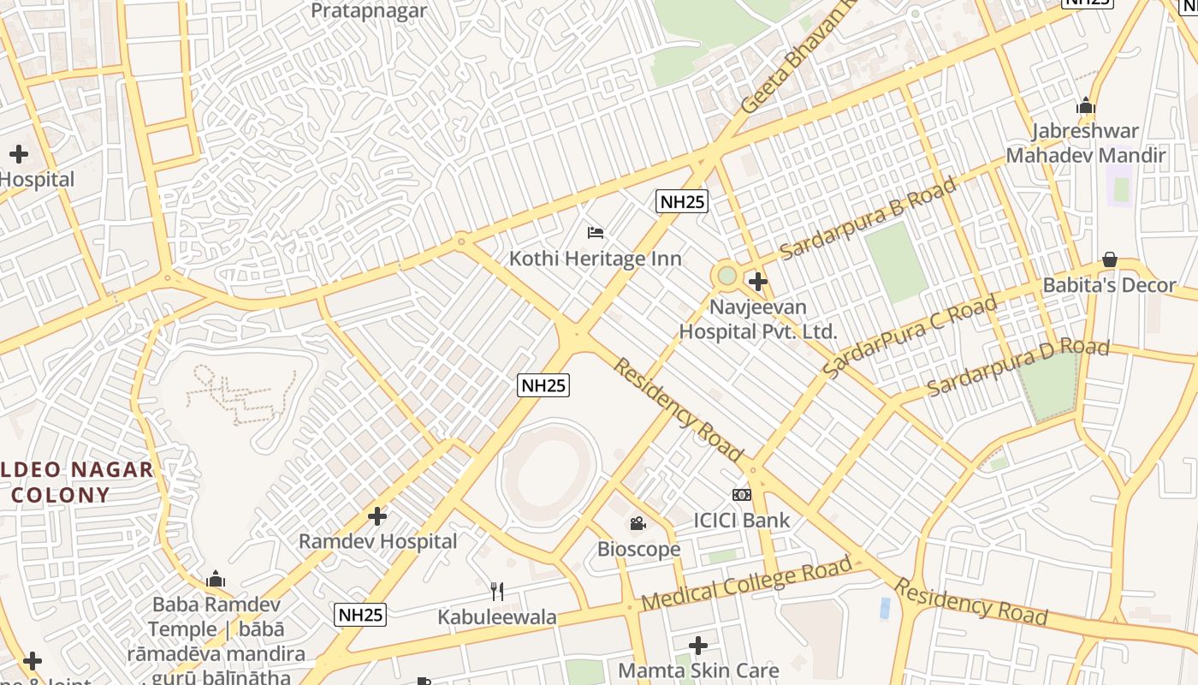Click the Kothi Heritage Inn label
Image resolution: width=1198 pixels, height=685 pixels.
[596, 259]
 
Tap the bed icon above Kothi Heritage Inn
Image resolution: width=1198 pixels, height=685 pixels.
[596, 232]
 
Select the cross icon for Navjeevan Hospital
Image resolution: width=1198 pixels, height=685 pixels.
[757, 281]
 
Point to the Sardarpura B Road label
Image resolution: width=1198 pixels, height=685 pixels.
[868, 218]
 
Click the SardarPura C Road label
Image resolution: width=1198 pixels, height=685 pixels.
[910, 337]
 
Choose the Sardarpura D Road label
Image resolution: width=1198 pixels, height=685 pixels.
[1018, 366]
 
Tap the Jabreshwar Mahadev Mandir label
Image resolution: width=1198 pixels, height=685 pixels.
[1085, 143]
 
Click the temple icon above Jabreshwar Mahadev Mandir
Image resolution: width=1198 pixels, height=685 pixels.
[1086, 106]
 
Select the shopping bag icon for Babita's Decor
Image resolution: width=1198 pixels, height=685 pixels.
[1110, 259]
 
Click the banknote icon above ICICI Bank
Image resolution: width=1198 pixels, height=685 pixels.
[742, 494]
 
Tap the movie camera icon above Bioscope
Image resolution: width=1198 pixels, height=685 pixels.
[638, 523]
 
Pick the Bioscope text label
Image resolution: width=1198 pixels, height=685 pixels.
[639, 549]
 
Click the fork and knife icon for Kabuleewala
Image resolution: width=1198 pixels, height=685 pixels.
[496, 591]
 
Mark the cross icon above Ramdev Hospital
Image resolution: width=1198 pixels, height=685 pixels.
[377, 516]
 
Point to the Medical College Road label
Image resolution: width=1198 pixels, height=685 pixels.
[746, 583]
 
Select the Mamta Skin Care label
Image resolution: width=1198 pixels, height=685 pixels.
[698, 670]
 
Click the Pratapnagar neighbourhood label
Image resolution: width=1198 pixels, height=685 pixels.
[369, 11]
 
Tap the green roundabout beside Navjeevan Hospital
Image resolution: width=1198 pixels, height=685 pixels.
[727, 276]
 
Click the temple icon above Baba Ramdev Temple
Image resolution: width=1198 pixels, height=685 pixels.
[216, 580]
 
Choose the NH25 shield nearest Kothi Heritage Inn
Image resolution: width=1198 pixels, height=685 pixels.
[681, 202]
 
